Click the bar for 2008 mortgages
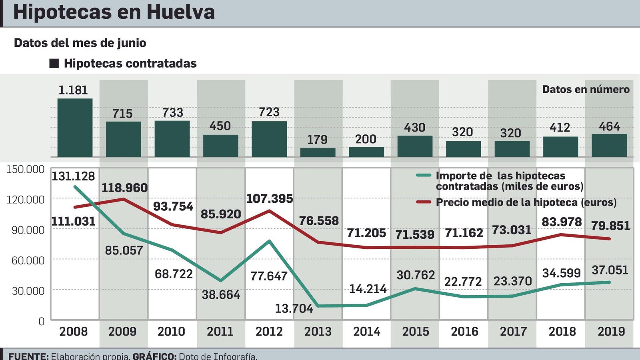(75, 128)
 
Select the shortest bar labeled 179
(318, 152)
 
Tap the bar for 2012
(269, 139)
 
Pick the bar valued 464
(609, 145)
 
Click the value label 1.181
(73, 90)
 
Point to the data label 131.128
(73, 176)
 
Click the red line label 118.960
(124, 188)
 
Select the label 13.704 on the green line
(294, 308)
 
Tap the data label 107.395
(269, 198)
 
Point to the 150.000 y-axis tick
(25, 169)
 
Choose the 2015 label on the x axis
(415, 332)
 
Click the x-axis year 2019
(611, 332)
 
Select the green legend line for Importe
(424, 175)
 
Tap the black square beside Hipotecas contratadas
(54, 63)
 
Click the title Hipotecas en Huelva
(114, 12)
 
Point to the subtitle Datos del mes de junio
(80, 43)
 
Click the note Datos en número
(586, 89)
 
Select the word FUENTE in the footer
(28, 356)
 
